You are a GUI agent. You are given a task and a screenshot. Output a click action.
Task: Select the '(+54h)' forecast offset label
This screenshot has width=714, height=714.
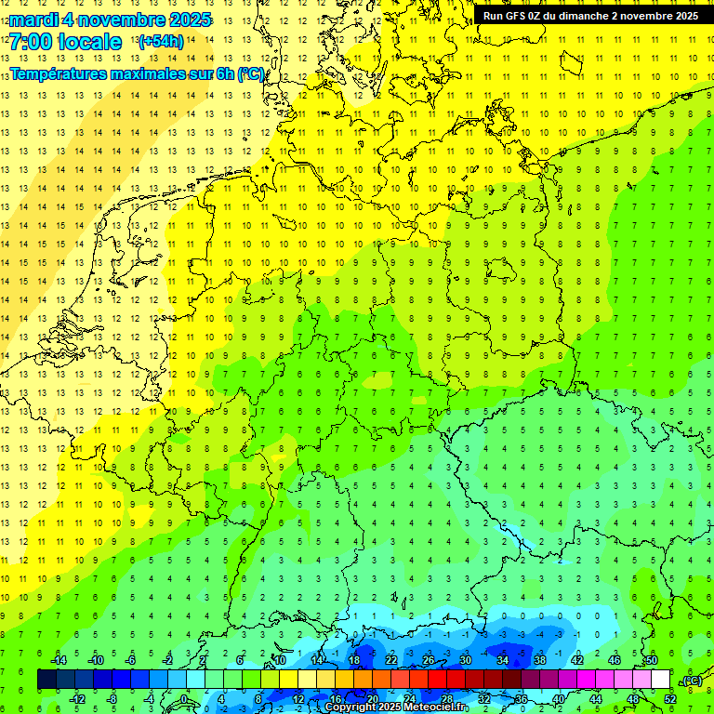(x=161, y=42)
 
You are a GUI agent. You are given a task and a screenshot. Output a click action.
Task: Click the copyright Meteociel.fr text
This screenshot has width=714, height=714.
(x=397, y=707)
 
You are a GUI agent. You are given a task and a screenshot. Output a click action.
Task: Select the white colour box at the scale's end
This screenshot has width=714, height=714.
(x=661, y=680)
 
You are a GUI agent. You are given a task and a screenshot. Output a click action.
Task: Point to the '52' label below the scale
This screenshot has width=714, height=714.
(x=670, y=698)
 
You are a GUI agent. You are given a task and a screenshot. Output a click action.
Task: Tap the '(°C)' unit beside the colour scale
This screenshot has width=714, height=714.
(x=692, y=681)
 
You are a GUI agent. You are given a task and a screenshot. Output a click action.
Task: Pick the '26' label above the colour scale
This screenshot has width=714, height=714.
(x=429, y=660)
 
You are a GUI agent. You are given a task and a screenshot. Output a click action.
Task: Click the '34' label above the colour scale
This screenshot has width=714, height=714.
(x=503, y=660)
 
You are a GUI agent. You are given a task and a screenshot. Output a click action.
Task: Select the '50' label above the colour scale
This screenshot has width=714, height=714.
(x=652, y=660)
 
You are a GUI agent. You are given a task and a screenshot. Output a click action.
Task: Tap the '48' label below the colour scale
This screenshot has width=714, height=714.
(x=633, y=698)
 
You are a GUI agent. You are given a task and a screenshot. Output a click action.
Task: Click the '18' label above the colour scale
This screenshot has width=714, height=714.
(x=354, y=660)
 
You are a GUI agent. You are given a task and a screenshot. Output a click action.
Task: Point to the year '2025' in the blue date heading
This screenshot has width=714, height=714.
(x=186, y=20)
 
